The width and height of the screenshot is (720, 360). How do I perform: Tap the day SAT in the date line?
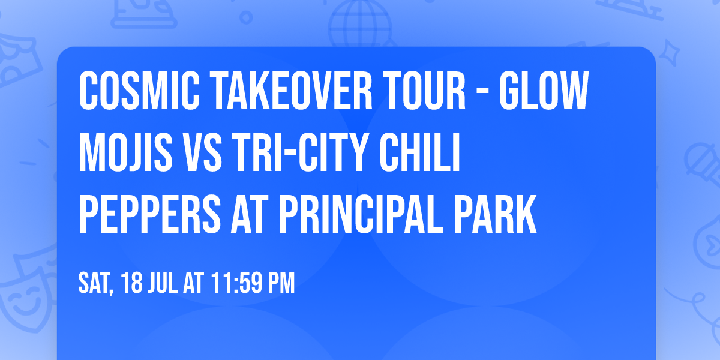(x=95, y=283)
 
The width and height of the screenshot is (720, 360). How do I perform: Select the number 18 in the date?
(x=132, y=283)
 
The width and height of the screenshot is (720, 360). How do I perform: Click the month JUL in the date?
(x=162, y=283)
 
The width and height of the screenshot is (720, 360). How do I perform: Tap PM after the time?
(x=280, y=283)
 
